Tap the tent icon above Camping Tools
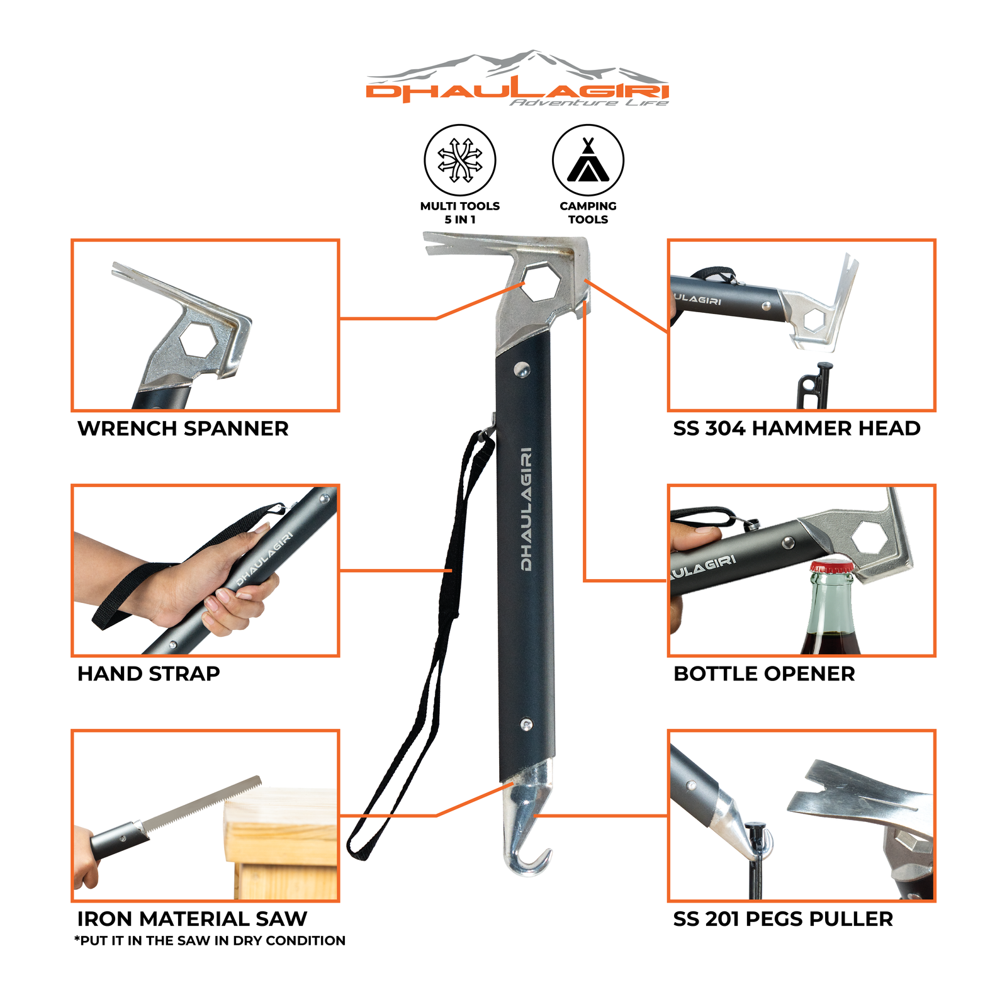[x=588, y=161]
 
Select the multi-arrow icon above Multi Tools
[x=460, y=160]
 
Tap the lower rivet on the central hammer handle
[x=527, y=725]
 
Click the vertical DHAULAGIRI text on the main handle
[x=526, y=509]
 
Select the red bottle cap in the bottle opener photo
[x=831, y=566]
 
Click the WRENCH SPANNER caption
[x=183, y=429]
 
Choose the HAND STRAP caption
[x=149, y=674]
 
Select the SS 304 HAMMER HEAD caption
[x=796, y=429]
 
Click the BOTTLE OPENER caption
[x=764, y=674]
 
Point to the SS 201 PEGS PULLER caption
[x=783, y=919]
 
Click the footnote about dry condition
[x=210, y=941]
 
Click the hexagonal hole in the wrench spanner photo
[x=198, y=340]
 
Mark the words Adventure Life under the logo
[x=588, y=103]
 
